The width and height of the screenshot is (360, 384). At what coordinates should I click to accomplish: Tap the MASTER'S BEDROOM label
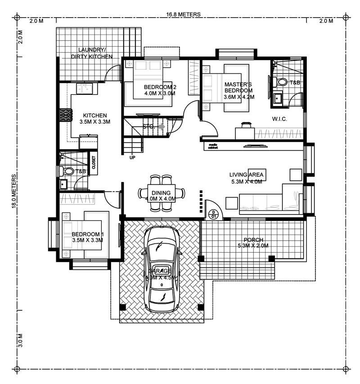click(x=238, y=90)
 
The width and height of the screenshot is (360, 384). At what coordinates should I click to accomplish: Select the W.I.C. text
click(x=279, y=119)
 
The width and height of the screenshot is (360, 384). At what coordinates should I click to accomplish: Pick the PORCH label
click(x=253, y=243)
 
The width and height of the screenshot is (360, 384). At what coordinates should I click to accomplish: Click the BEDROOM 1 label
click(x=87, y=237)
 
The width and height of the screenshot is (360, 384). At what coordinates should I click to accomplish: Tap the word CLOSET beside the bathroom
click(x=94, y=162)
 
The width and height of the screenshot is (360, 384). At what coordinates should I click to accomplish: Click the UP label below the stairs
click(x=132, y=158)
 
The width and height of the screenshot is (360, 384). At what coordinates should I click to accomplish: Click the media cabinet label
click(x=213, y=146)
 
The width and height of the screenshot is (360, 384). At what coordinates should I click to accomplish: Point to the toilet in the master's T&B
click(x=281, y=82)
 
